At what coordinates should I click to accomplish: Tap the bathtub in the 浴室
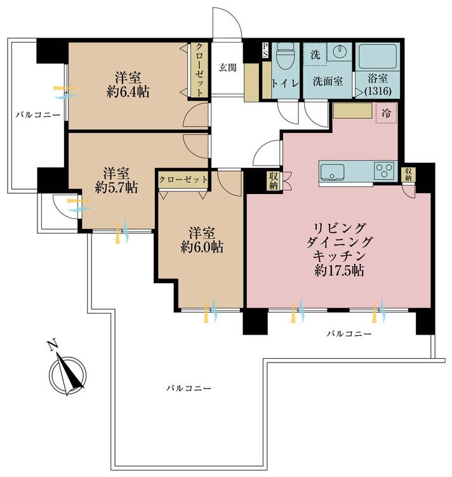click(x=377, y=57)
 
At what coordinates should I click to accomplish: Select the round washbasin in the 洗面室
click(x=340, y=50)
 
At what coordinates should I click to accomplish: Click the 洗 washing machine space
click(x=315, y=54)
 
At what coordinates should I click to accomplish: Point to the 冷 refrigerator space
click(x=387, y=113)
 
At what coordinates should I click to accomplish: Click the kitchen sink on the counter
click(x=333, y=172)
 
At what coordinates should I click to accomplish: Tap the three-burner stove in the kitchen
click(x=384, y=170)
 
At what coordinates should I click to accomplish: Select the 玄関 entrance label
click(x=227, y=67)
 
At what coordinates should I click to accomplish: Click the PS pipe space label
click(x=265, y=50)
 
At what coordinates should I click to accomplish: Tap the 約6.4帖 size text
click(x=128, y=91)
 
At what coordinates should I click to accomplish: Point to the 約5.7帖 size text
click(x=116, y=188)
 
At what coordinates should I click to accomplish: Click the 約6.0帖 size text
click(x=202, y=247)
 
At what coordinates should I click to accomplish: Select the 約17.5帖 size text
click(x=339, y=270)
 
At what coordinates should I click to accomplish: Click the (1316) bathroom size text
click(x=378, y=91)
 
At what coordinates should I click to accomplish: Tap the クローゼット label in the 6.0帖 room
click(x=183, y=179)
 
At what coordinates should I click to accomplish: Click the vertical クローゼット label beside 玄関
click(x=199, y=70)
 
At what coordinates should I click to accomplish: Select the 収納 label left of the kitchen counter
click(x=273, y=181)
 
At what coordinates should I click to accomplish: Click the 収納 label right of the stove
click(x=408, y=175)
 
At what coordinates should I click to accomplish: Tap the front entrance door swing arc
click(x=236, y=18)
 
